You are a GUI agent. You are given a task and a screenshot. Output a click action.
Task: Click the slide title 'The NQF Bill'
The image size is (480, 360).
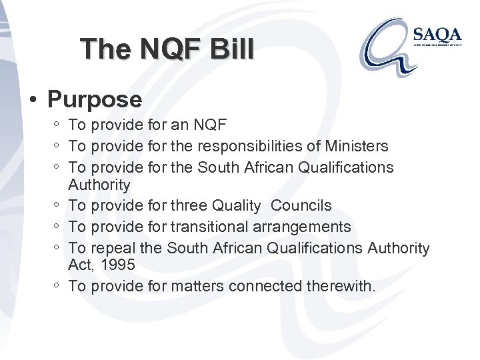[x=166, y=49]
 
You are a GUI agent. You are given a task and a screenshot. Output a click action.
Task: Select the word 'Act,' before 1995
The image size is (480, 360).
[x=82, y=265]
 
